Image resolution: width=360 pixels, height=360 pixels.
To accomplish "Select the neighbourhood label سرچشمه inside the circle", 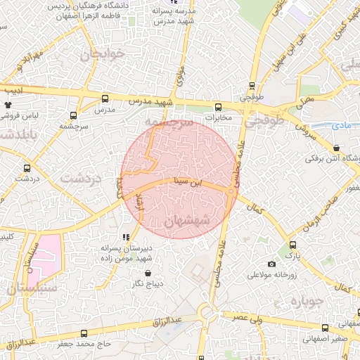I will coord(172,123).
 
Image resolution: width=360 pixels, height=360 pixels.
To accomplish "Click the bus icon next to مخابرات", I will coord(218,108).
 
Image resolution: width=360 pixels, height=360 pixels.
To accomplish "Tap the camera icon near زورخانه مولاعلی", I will coord(271,264).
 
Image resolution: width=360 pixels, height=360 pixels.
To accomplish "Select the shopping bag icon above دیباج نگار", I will coord(148,273).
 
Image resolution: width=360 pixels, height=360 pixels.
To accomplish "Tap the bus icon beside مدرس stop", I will coord(105,99).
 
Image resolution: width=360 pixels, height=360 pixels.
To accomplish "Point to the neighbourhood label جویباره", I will coord(307,303).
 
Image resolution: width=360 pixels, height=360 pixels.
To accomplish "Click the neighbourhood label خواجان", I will coord(103,54).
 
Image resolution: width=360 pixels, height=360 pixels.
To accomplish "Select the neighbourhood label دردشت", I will coord(82,178).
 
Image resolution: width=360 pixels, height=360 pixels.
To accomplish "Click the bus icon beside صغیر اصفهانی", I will coord(324,328).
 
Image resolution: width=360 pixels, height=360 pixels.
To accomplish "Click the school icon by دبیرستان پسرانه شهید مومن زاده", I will coord(125,238).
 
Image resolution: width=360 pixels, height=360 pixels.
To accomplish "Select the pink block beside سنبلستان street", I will coord(48,257).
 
